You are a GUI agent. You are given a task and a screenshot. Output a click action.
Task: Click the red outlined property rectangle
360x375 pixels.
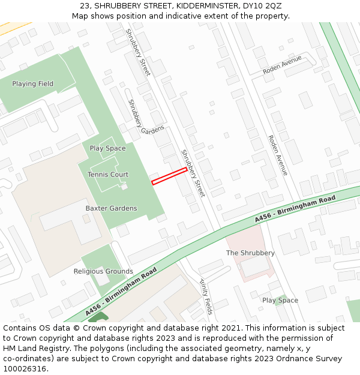pos(169,176)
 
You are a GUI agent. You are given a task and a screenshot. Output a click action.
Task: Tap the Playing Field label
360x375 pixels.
pos(32,84)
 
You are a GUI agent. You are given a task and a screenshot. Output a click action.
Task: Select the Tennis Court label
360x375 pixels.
pos(108,175)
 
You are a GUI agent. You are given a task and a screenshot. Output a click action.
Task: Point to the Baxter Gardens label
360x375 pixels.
pos(111,208)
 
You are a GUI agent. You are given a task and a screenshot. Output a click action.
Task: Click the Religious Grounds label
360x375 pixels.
pos(103,271)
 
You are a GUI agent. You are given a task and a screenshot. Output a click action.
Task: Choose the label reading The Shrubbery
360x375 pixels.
pos(250,253)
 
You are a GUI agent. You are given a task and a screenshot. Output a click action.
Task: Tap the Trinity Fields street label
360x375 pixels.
pos(206,296)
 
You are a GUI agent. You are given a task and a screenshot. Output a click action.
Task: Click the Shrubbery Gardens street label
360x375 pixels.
pos(145,117)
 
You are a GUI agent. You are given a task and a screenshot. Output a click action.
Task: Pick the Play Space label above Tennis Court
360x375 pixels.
pos(108,148)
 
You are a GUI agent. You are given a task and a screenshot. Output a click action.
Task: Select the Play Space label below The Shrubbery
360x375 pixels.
pos(280,300)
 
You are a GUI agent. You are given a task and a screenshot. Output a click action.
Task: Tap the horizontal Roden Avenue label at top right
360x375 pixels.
pos(282,65)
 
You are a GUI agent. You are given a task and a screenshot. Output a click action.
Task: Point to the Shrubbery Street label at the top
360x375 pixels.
pos(138,52)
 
